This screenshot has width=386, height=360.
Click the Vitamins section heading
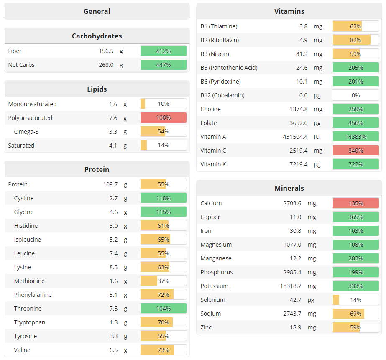(289, 11)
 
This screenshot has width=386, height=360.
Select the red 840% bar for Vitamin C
(355, 151)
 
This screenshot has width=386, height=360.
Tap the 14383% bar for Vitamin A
(355, 137)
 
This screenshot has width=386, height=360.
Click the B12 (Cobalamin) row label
(222, 95)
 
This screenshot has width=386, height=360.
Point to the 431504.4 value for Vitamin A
(295, 137)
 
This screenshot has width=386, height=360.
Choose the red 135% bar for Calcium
(355, 203)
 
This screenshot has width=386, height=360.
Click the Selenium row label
(213, 300)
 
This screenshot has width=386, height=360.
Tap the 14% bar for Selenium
(355, 300)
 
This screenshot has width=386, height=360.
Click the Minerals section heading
(289, 188)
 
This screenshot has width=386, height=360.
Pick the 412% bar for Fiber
(163, 51)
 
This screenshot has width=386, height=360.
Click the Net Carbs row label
(21, 65)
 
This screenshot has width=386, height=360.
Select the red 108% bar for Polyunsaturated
(163, 118)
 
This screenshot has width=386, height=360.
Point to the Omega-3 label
(26, 132)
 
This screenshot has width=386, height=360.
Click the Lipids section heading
(97, 89)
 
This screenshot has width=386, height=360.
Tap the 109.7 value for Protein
(110, 184)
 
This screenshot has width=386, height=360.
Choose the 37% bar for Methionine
(163, 281)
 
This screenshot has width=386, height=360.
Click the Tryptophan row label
(30, 322)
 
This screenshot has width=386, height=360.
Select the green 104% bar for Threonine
(163, 309)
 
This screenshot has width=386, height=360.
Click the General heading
(97, 11)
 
